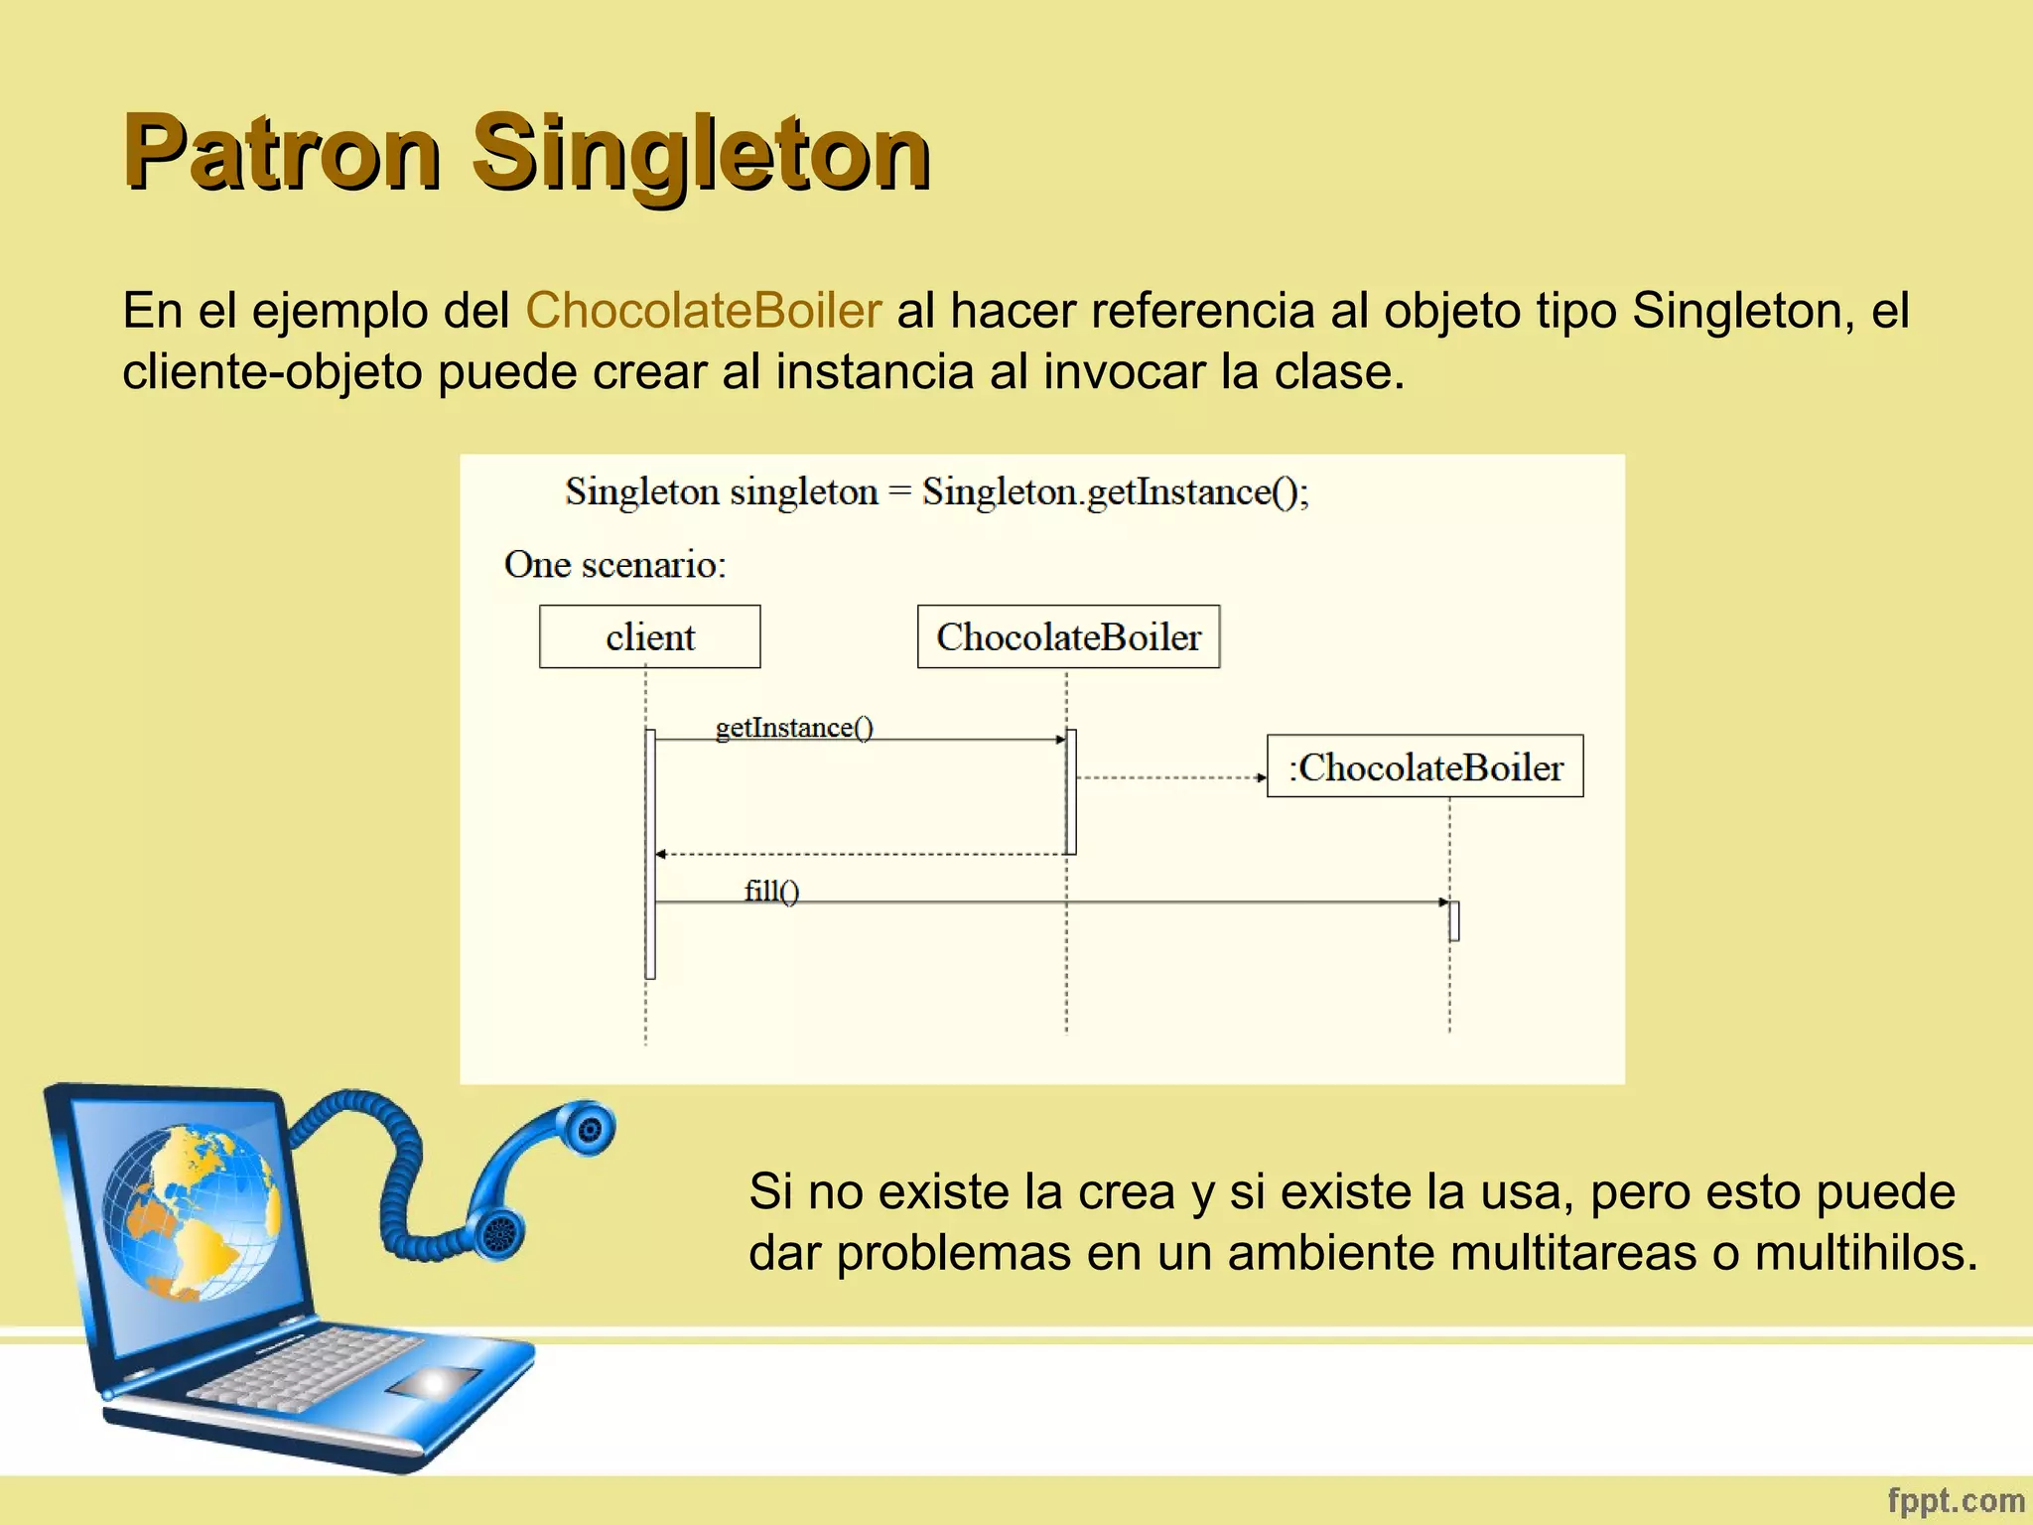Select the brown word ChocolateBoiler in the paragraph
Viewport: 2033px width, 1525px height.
[703, 310]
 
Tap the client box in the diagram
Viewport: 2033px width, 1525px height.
[650, 636]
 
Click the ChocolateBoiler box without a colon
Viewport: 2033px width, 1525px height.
[1068, 636]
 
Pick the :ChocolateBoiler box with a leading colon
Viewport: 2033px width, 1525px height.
[1424, 766]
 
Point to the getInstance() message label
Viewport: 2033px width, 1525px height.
[794, 728]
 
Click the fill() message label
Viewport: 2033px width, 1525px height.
[771, 891]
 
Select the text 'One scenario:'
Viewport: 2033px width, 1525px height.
[615, 564]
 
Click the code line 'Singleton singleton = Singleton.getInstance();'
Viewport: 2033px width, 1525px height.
[936, 491]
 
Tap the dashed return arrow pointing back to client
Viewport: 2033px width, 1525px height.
[859, 854]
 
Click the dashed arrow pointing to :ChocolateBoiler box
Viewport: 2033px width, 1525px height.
[1171, 777]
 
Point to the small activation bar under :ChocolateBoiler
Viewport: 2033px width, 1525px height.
[1454, 920]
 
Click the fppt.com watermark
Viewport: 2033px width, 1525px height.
[1956, 1500]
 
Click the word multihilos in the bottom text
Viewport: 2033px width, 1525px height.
[1866, 1252]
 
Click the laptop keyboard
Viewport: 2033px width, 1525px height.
[308, 1370]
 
